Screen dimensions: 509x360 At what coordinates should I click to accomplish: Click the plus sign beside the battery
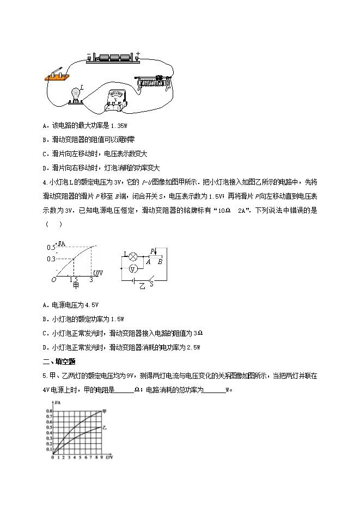pyautogui.click(x=137, y=53)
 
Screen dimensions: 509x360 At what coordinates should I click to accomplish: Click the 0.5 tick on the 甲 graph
pyautogui.click(x=51, y=247)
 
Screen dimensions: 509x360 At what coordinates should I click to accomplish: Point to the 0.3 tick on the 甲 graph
pyautogui.click(x=51, y=258)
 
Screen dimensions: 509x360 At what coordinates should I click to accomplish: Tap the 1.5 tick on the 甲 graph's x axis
pyautogui.click(x=74, y=279)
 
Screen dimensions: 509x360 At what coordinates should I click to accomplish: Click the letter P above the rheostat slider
pyautogui.click(x=152, y=251)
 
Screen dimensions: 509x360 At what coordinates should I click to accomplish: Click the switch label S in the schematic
pyautogui.click(x=151, y=283)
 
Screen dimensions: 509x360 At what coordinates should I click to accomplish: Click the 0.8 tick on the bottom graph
pyautogui.click(x=48, y=410)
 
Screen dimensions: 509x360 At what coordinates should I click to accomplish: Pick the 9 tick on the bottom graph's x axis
pyautogui.click(x=101, y=458)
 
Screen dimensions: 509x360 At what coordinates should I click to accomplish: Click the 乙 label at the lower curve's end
pyautogui.click(x=105, y=427)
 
